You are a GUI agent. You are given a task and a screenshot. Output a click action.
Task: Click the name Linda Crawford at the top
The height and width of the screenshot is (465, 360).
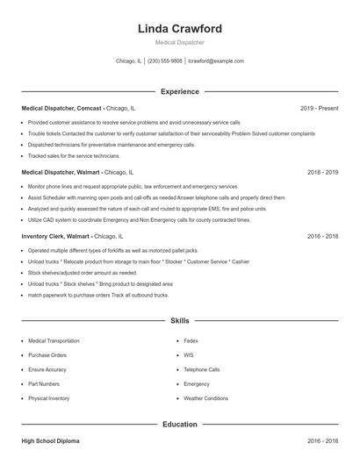coord(179,29)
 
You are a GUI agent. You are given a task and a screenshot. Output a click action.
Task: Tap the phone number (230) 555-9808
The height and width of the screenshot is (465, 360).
coord(165,61)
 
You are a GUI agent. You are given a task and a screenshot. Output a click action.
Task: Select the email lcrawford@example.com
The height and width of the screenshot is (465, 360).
coord(215,61)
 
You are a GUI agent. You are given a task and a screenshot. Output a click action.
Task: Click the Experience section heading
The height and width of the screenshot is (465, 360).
coord(179,91)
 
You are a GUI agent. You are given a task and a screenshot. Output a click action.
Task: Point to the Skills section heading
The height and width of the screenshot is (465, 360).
coord(179,321)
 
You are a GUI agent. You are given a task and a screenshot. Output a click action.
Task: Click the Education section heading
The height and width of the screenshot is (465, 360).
coord(179,424)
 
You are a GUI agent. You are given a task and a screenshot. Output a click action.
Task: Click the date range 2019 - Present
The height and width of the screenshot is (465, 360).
coord(319,108)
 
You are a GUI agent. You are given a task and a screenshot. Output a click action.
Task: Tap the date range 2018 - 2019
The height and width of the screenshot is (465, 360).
coord(322,173)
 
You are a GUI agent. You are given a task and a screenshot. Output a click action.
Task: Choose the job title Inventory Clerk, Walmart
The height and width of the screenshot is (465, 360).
coord(56,237)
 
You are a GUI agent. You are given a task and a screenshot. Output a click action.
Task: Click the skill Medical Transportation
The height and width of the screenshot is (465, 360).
coord(55,340)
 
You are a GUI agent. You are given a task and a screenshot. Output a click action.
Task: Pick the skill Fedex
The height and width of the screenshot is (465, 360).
coord(191,340)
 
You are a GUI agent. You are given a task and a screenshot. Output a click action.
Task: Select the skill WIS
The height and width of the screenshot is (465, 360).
coord(189,355)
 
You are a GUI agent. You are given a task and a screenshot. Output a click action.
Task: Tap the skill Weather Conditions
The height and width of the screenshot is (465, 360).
coord(205,398)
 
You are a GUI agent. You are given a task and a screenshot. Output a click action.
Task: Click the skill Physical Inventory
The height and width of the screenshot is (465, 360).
coord(48,398)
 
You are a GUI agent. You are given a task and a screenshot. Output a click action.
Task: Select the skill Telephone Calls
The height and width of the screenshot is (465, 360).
coord(202,369)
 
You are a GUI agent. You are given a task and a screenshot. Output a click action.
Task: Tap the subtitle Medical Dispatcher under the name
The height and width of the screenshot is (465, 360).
coord(179,42)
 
